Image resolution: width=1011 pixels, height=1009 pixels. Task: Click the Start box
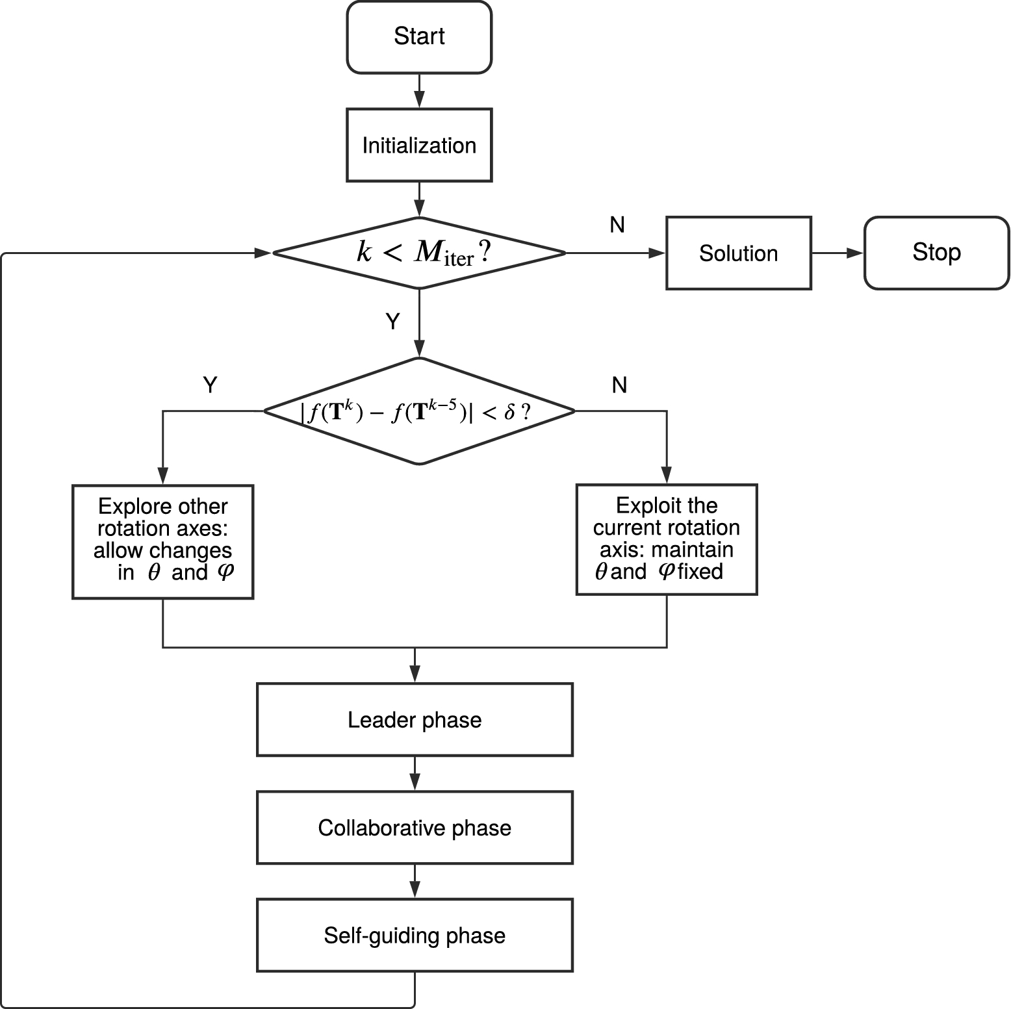click(x=419, y=37)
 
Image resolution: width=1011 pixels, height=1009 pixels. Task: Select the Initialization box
click(x=419, y=145)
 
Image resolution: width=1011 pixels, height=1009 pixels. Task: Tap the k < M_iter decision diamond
click(x=419, y=253)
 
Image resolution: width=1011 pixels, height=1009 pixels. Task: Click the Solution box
click(x=738, y=253)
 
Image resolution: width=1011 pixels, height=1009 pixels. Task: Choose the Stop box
click(x=936, y=253)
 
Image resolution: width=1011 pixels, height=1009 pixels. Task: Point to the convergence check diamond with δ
click(x=419, y=411)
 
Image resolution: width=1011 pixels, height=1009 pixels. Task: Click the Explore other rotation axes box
click(x=162, y=541)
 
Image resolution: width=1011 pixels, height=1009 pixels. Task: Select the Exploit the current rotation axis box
click(x=667, y=539)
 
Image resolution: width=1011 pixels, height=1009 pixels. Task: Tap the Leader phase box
click(x=415, y=719)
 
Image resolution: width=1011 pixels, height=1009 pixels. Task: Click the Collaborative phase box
click(x=415, y=827)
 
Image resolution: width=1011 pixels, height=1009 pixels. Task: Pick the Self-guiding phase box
click(x=415, y=935)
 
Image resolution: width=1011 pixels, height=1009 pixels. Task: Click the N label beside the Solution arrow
click(x=617, y=225)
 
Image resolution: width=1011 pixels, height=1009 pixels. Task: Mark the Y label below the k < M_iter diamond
click(x=392, y=321)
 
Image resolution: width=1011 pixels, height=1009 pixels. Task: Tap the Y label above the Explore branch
click(x=210, y=385)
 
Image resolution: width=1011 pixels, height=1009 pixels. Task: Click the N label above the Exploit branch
click(x=619, y=385)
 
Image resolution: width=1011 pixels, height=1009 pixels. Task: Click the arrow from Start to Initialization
click(x=419, y=91)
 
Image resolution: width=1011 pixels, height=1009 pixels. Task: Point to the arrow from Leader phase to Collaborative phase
click(x=415, y=773)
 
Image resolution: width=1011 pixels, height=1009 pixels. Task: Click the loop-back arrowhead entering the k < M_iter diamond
click(x=263, y=253)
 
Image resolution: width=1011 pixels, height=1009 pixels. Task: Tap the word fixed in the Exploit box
click(x=700, y=572)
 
